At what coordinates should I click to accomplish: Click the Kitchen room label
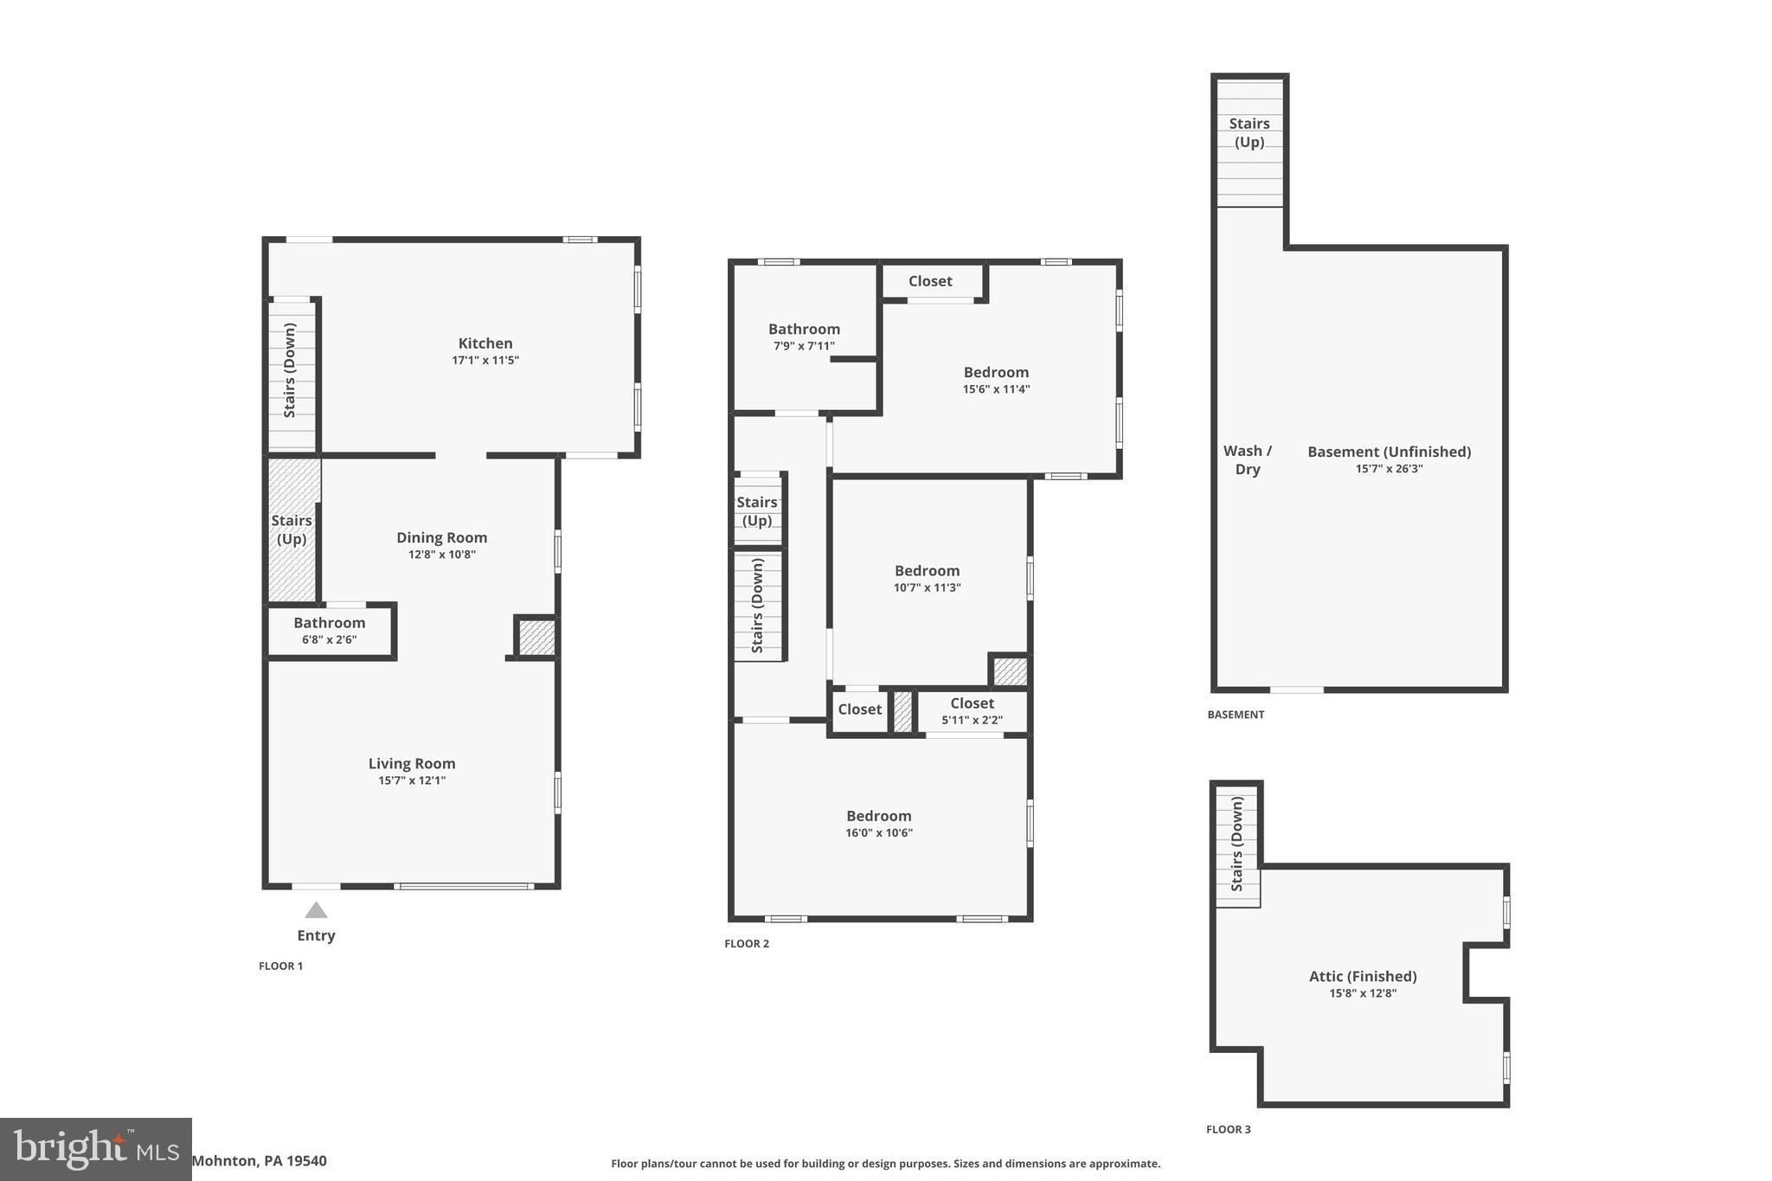[x=485, y=343]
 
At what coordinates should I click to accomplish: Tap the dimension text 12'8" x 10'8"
[x=441, y=555]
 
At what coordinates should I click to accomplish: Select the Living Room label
[x=411, y=763]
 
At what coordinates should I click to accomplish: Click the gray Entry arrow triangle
[x=316, y=910]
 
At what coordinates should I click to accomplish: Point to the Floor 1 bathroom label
[x=329, y=623]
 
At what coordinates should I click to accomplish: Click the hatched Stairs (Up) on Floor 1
[x=292, y=530]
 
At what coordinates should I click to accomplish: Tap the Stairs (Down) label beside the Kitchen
[x=290, y=370]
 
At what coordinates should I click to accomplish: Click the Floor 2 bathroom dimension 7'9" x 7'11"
[x=803, y=346]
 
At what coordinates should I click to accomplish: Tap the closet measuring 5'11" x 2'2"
[x=972, y=711]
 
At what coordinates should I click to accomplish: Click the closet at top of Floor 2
[x=930, y=281]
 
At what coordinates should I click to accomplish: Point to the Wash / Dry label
[x=1247, y=460]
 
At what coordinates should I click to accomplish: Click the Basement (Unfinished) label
[x=1388, y=452]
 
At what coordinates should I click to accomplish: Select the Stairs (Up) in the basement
[x=1249, y=133]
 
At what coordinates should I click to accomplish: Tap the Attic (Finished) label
[x=1362, y=977]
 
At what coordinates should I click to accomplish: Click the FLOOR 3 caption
[x=1228, y=1129]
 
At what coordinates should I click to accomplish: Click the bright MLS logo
[x=95, y=1149]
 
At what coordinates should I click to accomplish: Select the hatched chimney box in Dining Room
[x=536, y=638]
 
